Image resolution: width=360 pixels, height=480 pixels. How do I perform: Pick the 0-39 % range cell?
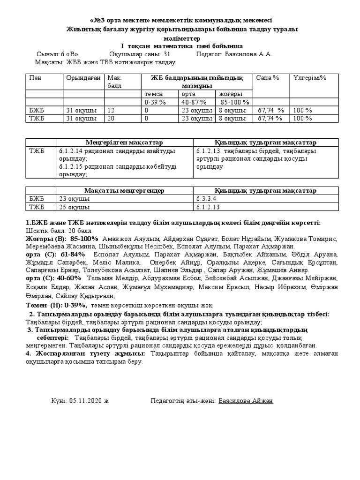coord(156,102)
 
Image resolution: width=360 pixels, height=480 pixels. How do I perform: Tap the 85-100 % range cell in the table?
coord(234,102)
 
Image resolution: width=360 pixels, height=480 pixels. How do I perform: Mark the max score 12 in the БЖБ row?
coord(111,110)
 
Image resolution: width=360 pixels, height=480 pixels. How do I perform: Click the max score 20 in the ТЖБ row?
coord(111,118)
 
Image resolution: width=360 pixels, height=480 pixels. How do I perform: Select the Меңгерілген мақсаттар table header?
coord(124,142)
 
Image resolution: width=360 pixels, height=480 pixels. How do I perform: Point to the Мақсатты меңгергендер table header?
coord(124,190)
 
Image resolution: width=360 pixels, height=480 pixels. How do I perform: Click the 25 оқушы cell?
coord(75,206)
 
